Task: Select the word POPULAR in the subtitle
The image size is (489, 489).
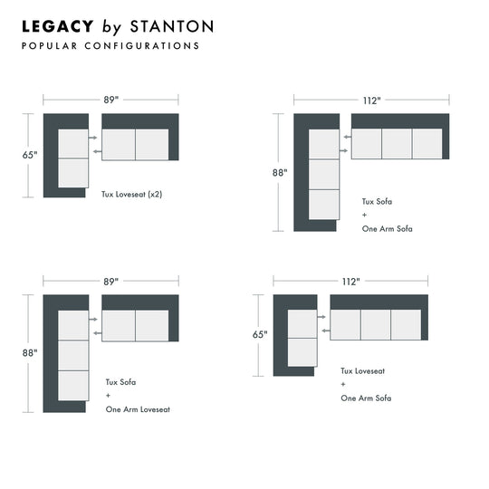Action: click(49, 45)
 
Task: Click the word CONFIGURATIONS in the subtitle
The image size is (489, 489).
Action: click(141, 45)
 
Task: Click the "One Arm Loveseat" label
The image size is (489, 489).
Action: click(138, 409)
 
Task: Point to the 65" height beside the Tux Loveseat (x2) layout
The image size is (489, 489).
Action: click(31, 155)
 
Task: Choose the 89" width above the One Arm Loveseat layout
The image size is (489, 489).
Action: click(110, 282)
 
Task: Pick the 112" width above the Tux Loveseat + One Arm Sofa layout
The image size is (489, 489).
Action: click(350, 282)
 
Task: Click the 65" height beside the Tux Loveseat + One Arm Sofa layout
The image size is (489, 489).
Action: click(260, 334)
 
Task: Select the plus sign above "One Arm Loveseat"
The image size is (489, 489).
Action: click(109, 396)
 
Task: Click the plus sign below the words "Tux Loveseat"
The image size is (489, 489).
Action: click(344, 384)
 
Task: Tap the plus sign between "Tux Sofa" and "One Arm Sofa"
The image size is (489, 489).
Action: click(365, 216)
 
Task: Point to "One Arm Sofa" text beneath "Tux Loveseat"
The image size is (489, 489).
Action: click(366, 398)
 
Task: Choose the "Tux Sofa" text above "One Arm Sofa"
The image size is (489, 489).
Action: click(379, 202)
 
